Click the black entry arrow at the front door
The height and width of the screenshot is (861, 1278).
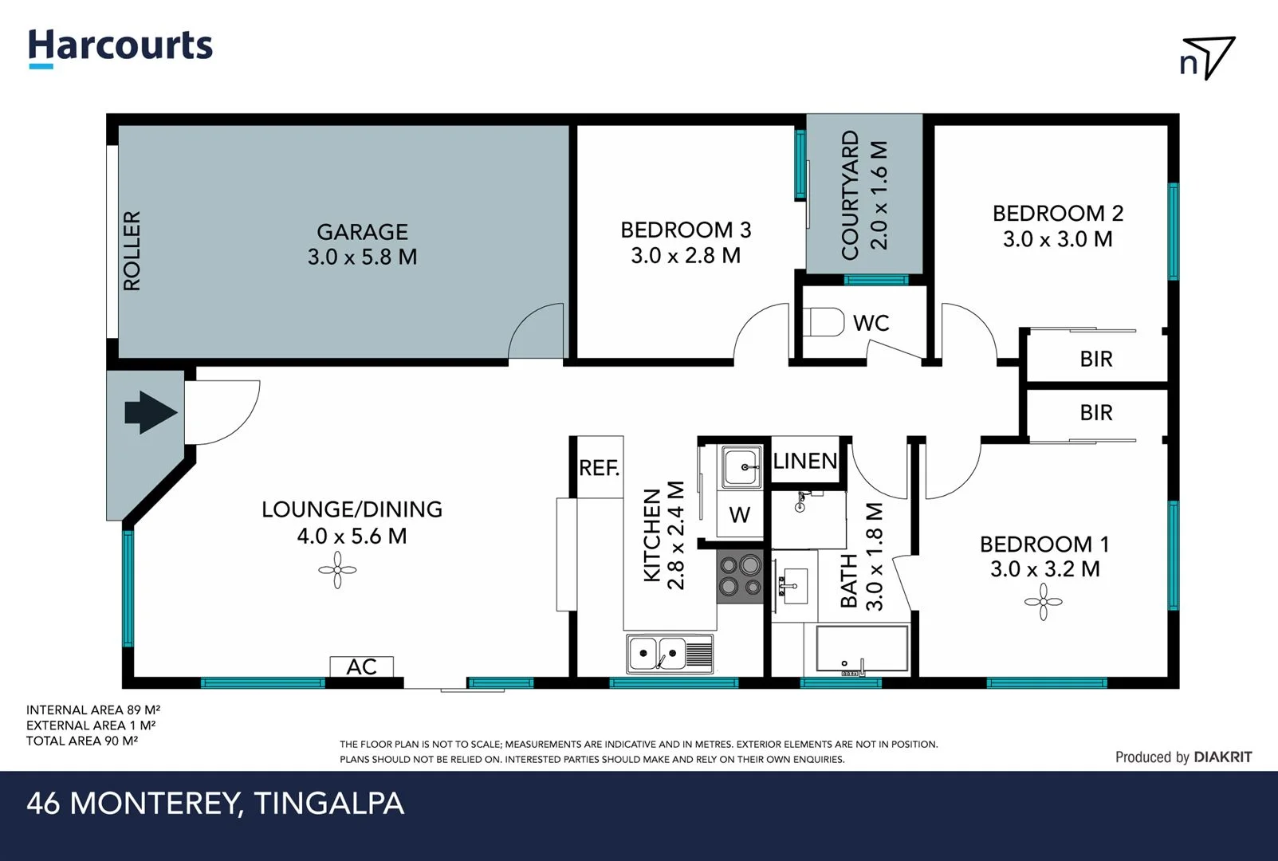(x=150, y=412)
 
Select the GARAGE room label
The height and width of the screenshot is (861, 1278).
(x=362, y=232)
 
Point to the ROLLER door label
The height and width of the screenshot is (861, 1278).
(x=132, y=250)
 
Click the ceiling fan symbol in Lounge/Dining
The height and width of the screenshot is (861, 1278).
(x=337, y=570)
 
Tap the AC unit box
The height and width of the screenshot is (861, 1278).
(x=361, y=666)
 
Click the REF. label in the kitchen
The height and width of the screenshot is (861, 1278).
(x=599, y=467)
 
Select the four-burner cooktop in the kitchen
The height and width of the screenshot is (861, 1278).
(x=740, y=576)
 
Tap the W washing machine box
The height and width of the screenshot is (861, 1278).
(x=739, y=515)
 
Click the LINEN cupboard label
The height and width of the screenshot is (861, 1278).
(x=804, y=461)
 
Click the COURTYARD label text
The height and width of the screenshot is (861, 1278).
(x=851, y=195)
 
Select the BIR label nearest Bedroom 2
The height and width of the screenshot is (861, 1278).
(x=1095, y=359)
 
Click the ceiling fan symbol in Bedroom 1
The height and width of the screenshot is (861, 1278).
(x=1043, y=602)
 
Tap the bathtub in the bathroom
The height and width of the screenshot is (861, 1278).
(x=861, y=649)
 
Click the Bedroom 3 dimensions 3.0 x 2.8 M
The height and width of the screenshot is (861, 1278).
(x=685, y=256)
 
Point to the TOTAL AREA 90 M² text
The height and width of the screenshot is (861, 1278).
(x=81, y=741)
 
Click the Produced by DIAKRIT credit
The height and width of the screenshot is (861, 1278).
(x=1182, y=757)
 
